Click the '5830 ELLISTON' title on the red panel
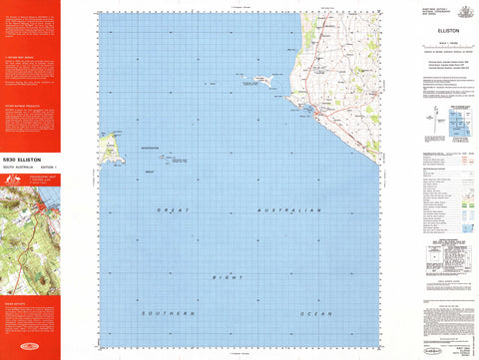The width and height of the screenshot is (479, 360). [x=23, y=159]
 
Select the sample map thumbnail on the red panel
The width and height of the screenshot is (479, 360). [x=30, y=216]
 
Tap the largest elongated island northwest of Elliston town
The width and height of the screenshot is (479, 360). [x=264, y=80]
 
